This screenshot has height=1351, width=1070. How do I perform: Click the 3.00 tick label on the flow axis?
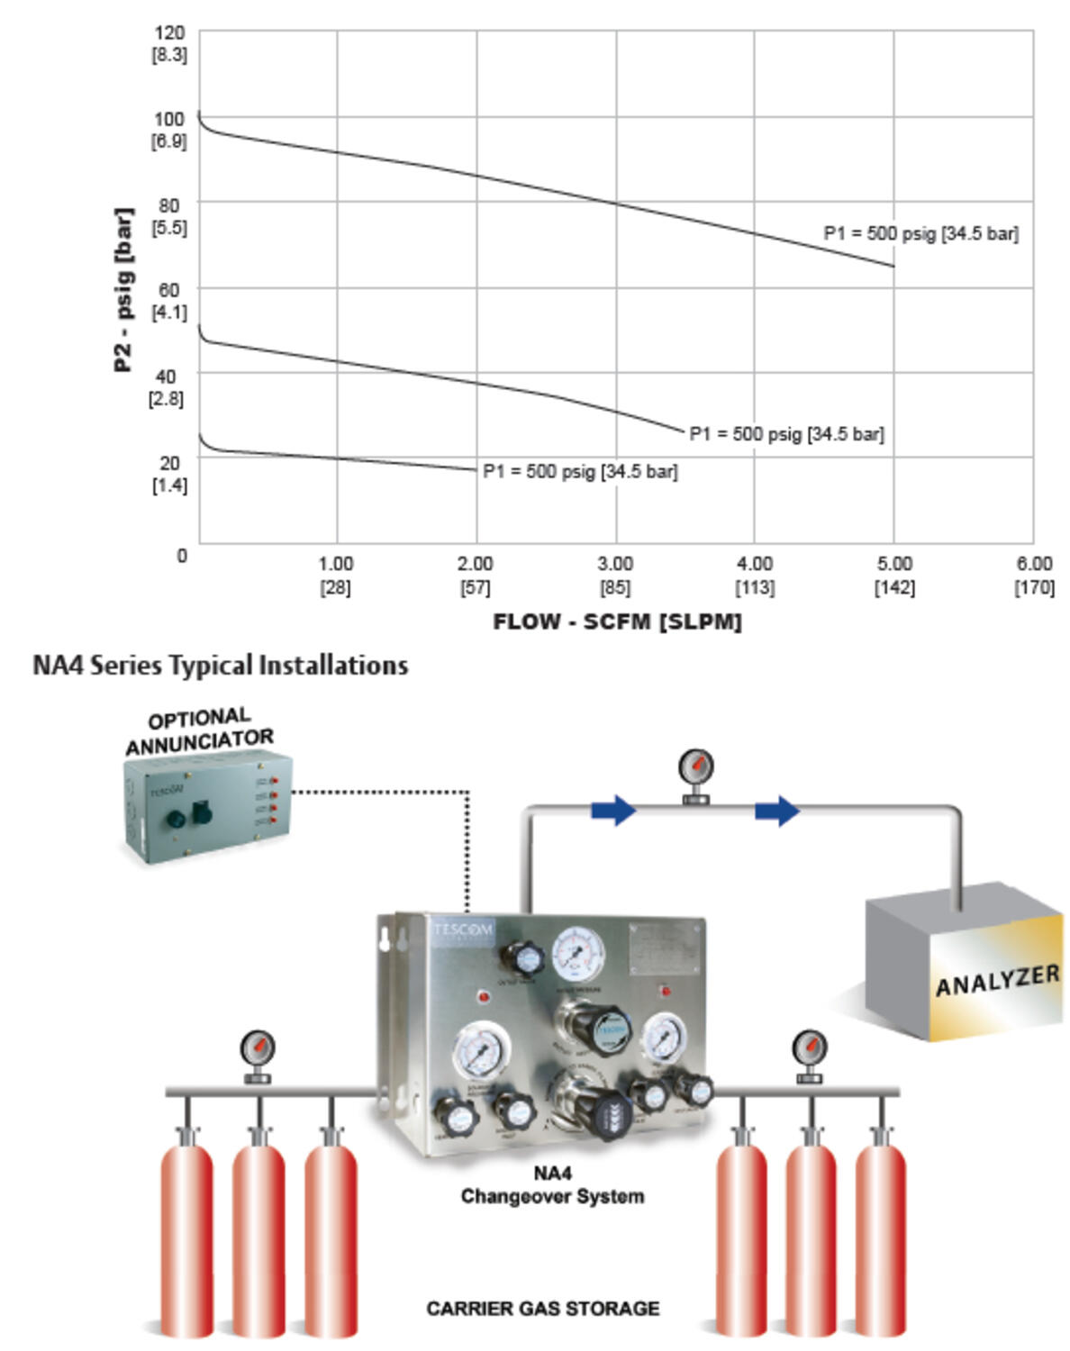615,565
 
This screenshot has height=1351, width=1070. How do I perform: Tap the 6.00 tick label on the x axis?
1034,565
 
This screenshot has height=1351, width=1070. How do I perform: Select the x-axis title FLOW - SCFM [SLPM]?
617,622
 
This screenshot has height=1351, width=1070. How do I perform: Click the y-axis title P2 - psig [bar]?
123,289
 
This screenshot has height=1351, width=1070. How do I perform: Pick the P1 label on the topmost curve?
920,234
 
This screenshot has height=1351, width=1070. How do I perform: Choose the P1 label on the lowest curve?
580,472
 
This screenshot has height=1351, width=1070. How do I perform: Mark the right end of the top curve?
893,266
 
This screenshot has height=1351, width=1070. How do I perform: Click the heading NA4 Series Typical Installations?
221,666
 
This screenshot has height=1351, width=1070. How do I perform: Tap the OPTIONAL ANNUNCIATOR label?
199,731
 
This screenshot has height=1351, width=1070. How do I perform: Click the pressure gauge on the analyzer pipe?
695,770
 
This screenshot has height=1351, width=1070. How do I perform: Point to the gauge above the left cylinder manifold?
258,1050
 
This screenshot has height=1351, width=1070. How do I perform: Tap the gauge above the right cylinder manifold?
809,1050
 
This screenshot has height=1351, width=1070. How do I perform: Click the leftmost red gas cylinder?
187,1234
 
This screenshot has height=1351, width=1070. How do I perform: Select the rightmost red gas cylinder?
880,1234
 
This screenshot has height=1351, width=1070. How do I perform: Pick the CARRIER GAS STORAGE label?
542,1309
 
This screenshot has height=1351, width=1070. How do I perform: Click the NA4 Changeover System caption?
552,1185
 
